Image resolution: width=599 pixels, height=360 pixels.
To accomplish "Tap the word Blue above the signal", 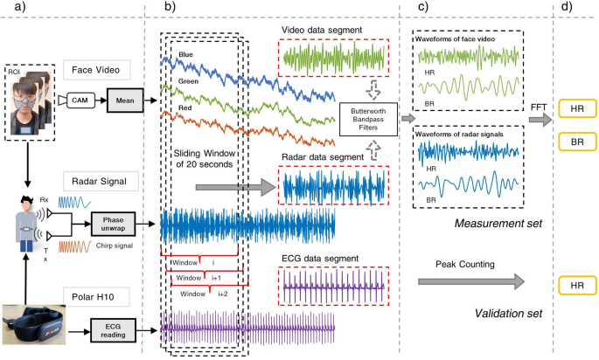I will click(x=185, y=54).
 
